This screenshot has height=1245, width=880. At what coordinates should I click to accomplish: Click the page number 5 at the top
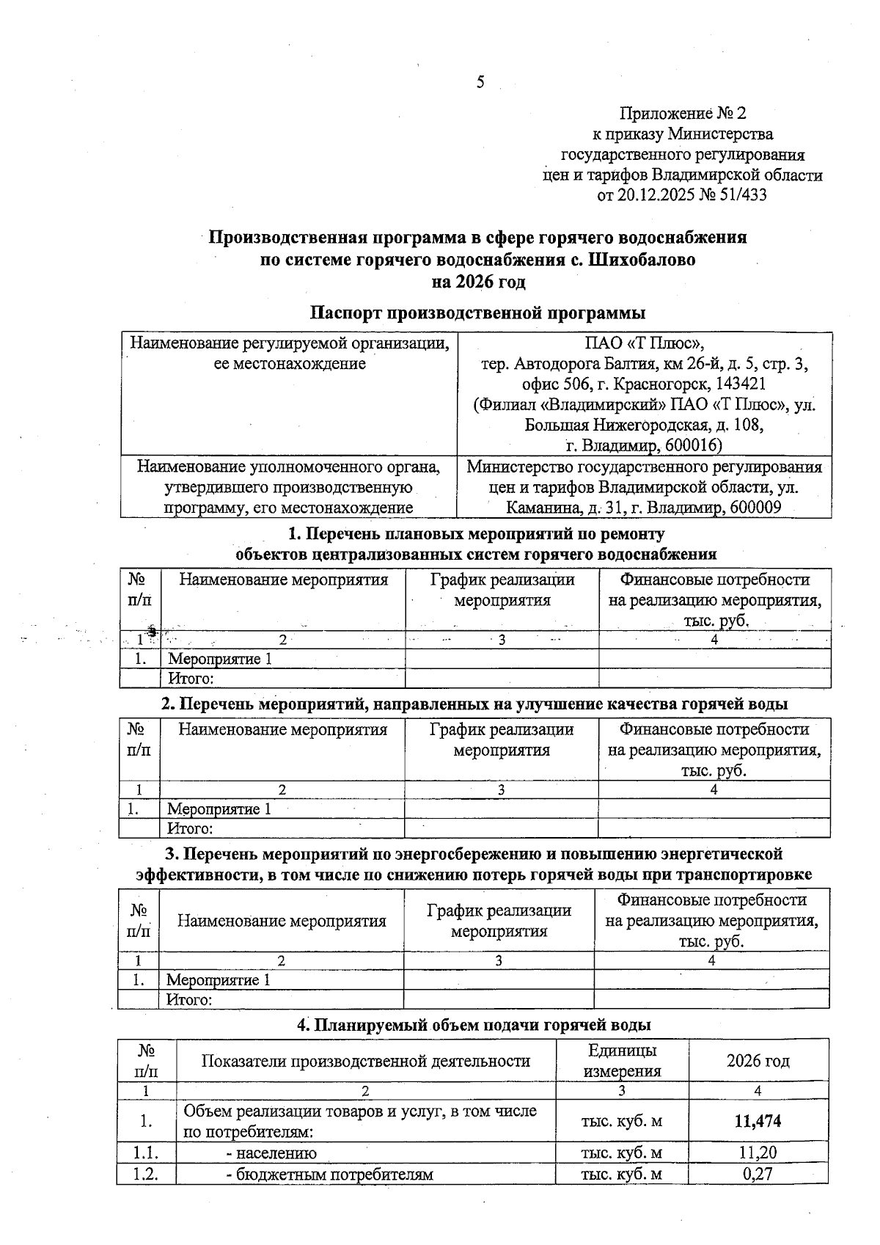click(480, 82)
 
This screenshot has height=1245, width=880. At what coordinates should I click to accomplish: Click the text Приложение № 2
click(682, 113)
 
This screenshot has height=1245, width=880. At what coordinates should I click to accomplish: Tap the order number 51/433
click(742, 195)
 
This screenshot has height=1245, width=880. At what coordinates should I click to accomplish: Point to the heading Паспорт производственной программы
click(477, 313)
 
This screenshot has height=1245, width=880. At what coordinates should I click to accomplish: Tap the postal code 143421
click(739, 384)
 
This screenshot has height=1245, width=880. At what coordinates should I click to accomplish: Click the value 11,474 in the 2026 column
click(758, 1121)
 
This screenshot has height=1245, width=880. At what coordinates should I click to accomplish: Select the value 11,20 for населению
click(758, 1153)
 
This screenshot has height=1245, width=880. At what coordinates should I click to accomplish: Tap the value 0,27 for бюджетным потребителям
click(758, 1174)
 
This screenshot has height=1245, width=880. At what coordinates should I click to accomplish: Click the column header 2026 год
click(758, 1061)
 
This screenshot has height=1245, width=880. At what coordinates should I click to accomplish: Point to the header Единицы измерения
click(622, 1061)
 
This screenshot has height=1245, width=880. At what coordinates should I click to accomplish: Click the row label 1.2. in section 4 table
click(147, 1174)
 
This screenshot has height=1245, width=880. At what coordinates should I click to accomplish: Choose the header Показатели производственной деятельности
click(365, 1061)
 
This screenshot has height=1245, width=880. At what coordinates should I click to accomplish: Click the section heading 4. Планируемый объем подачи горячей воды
click(474, 1025)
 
